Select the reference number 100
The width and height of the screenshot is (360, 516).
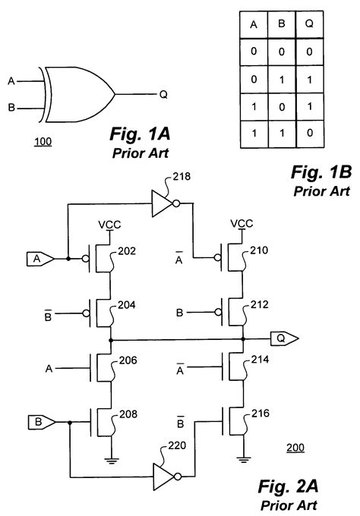coord(43,141)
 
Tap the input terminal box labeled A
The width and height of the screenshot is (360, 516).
coord(38,258)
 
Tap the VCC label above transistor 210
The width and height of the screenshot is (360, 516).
coord(242,225)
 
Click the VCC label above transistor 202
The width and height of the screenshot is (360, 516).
coord(110,226)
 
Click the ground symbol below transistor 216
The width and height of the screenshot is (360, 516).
coord(242,458)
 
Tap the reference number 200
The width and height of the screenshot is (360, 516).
coord(295,448)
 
